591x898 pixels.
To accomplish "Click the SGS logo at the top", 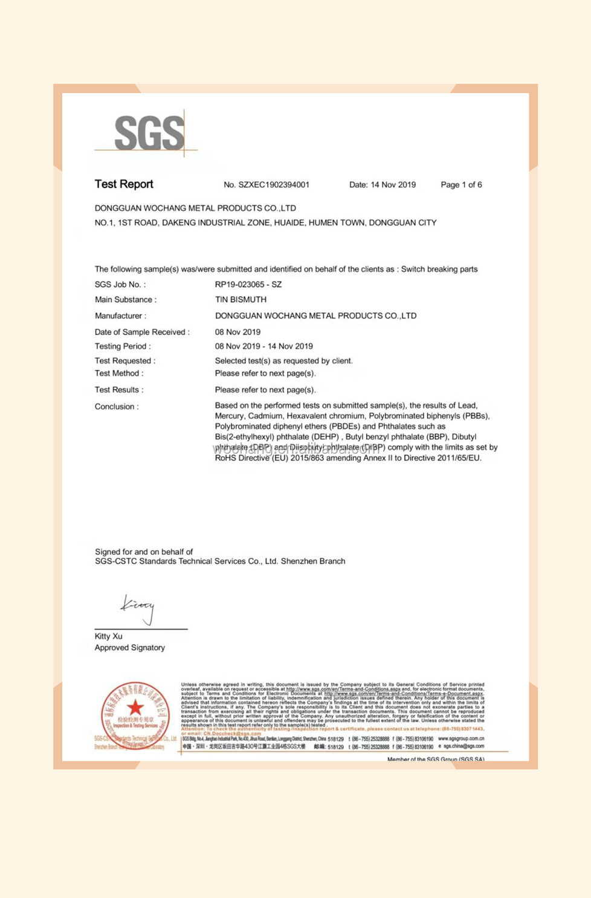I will tap(149, 133).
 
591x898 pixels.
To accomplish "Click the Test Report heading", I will tap(124, 184).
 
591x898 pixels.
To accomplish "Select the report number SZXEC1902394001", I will tap(274, 185).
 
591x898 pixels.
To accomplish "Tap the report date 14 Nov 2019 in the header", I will tap(393, 185).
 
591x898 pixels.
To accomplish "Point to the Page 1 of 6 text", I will tap(461, 185).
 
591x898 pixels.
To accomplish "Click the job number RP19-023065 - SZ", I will tap(248, 285).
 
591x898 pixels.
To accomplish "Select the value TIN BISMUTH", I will tap(241, 300).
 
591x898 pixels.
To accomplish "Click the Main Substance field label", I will tap(125, 300).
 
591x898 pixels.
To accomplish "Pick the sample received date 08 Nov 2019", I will tap(237, 332).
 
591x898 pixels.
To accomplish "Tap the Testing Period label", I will tap(123, 346).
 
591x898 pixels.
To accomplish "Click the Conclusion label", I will tap(117, 407).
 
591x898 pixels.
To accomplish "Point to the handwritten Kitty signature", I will tap(138, 608).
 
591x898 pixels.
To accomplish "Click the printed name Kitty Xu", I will tap(108, 636).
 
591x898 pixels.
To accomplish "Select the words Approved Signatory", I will tap(129, 648).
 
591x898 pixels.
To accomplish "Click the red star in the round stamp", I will tap(135, 706).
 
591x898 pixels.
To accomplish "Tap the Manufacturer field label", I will tap(120, 316).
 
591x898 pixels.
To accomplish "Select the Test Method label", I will tap(119, 373).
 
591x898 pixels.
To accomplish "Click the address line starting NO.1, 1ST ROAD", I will tap(265, 223).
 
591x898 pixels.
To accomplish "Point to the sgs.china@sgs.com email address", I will tap(463, 746).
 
